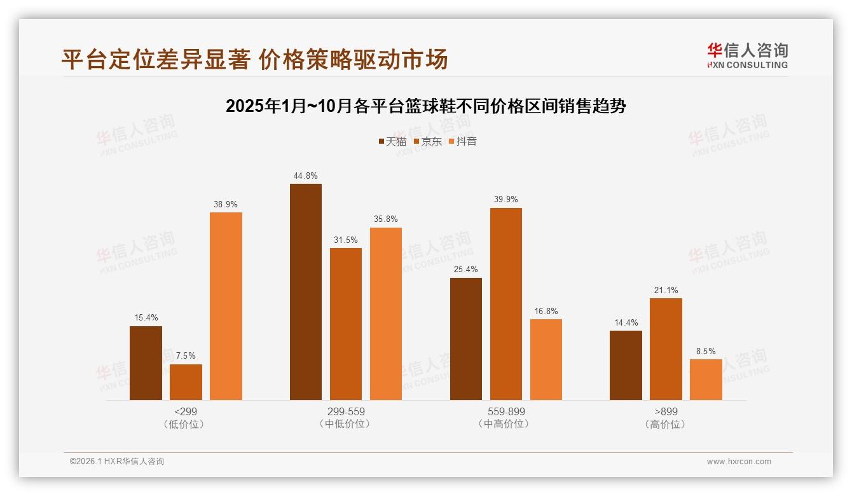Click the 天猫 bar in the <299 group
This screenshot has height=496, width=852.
[x=146, y=363]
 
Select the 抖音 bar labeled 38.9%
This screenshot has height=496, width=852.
[x=226, y=306]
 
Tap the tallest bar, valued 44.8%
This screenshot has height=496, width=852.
[x=306, y=292]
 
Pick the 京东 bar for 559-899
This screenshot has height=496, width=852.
[x=505, y=304]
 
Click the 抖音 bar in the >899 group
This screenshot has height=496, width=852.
[x=706, y=380]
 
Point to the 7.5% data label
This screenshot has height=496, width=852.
[x=186, y=356]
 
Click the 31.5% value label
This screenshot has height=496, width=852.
[x=346, y=240]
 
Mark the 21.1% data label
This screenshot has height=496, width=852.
[x=666, y=290]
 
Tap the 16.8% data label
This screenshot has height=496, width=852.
[x=546, y=311]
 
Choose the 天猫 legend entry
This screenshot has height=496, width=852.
[x=392, y=141]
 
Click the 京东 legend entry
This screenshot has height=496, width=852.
[x=427, y=141]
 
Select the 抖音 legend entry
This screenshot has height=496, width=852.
[x=462, y=141]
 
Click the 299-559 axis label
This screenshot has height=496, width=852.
[x=346, y=411]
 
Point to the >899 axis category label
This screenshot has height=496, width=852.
[x=666, y=411]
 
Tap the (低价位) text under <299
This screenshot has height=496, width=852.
[x=186, y=424]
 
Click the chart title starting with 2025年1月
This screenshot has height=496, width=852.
[x=425, y=106]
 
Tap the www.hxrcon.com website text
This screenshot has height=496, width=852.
[x=739, y=462]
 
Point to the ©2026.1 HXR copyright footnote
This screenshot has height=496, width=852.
[x=117, y=462]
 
